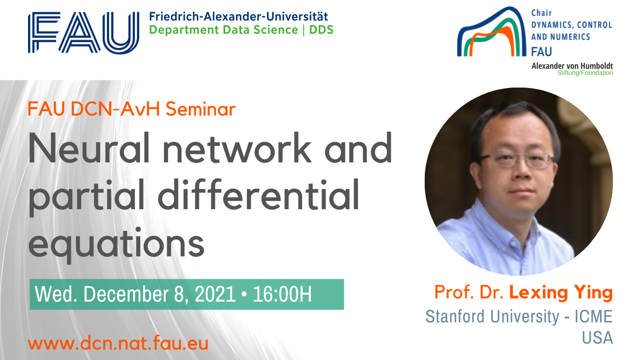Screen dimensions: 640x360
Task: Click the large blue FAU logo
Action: pos(84,32)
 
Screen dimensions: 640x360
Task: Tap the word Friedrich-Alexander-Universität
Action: pos(238,16)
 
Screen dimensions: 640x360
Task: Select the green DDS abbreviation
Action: pos(321,30)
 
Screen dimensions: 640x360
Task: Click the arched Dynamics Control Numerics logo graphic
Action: pos(492,32)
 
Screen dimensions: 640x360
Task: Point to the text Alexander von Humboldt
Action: pos(572,66)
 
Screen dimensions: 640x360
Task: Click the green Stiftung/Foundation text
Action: pos(585,73)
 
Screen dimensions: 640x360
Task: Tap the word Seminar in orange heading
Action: pos(200,109)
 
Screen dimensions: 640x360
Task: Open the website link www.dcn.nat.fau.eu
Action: pos(118,343)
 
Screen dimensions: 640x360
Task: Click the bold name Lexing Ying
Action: pos(561,292)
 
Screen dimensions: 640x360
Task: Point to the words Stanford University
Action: pos(492,316)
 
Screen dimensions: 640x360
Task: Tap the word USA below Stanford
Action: pos(598,338)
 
